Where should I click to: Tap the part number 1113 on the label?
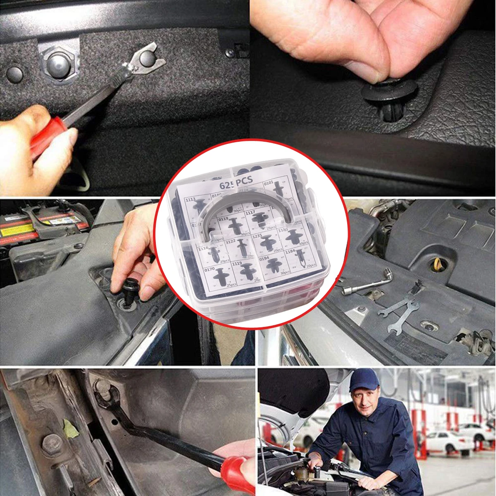point(191,199)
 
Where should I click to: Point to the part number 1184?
point(290,250)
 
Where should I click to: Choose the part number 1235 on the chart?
point(258,235)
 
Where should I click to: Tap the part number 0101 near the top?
point(269,182)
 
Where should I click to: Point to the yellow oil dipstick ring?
point(437,263)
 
